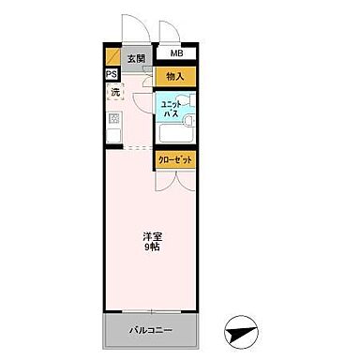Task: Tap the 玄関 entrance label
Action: [137, 58]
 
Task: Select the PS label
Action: [112, 75]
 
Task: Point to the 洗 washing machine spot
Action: [115, 92]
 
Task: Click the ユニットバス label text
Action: [170, 109]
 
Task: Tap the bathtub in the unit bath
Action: [187, 127]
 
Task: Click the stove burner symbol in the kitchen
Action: [115, 118]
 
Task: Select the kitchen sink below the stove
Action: [114, 137]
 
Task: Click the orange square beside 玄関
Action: [112, 55]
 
